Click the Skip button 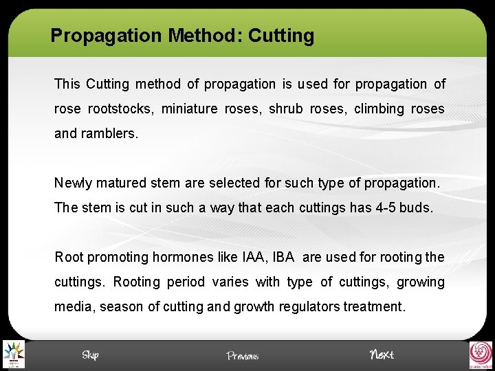point(90,355)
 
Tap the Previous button point(243,355)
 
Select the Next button point(382,355)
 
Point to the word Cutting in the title point(281,36)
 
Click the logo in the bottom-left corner point(12,355)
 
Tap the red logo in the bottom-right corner point(481,355)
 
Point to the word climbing point(379,109)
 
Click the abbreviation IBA point(283,258)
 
